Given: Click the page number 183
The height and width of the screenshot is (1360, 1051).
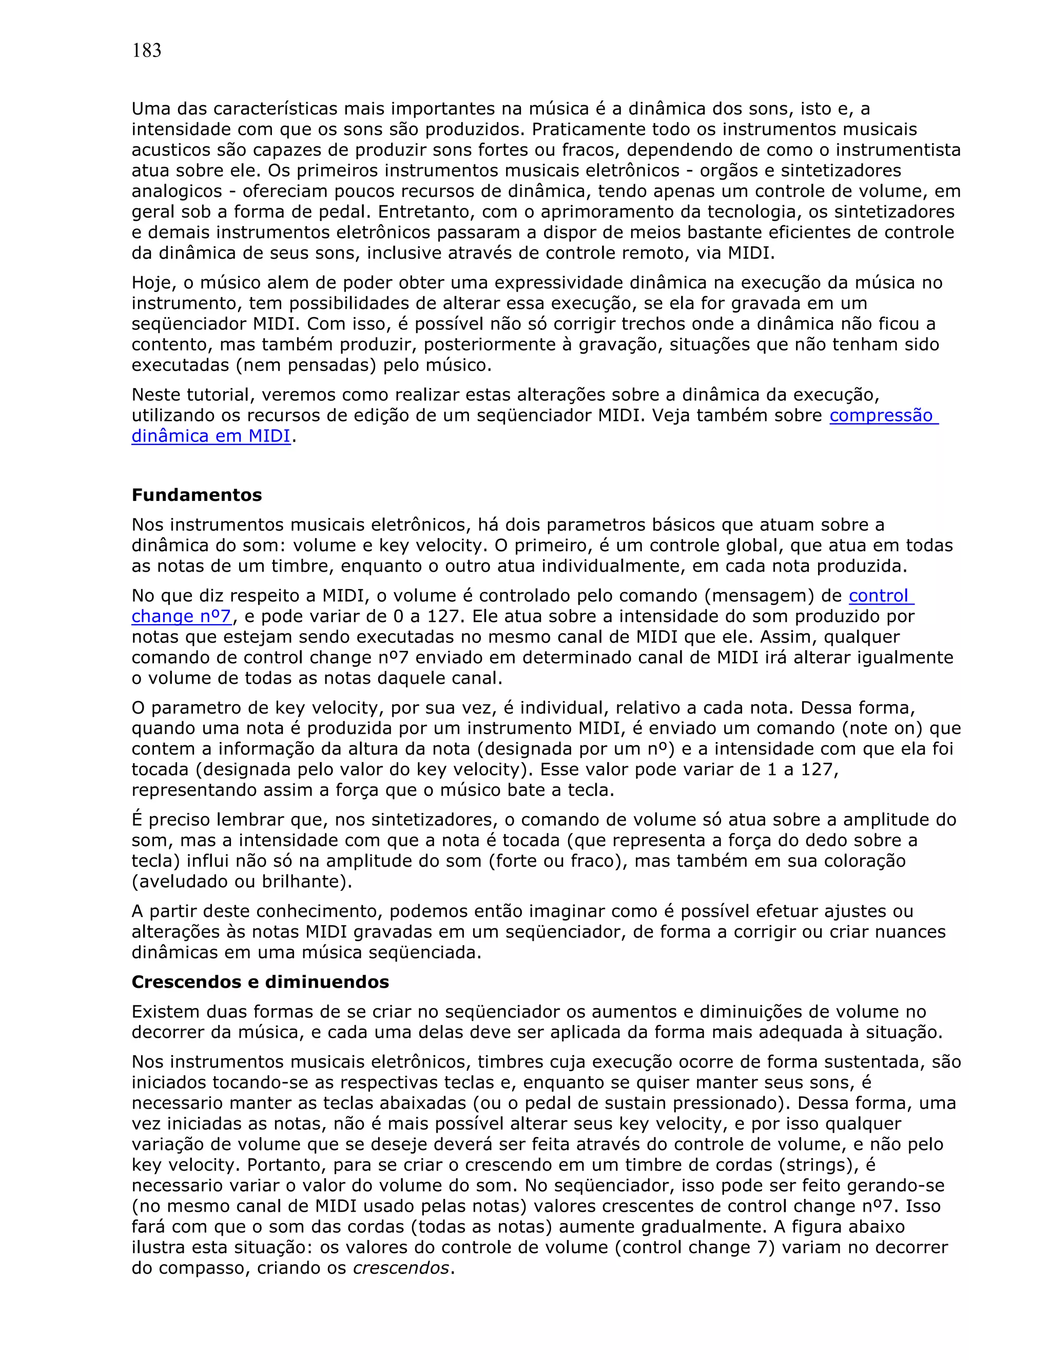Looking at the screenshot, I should tap(146, 51).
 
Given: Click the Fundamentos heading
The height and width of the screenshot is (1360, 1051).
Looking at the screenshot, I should tap(196, 495).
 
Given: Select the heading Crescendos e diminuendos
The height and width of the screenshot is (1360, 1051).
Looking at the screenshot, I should tap(260, 982).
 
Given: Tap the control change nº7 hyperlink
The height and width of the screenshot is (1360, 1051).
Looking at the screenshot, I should tap(881, 596).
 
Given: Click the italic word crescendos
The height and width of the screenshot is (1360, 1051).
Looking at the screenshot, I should tap(400, 1268).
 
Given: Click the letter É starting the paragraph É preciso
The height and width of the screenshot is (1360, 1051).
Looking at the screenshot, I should tap(137, 820).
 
